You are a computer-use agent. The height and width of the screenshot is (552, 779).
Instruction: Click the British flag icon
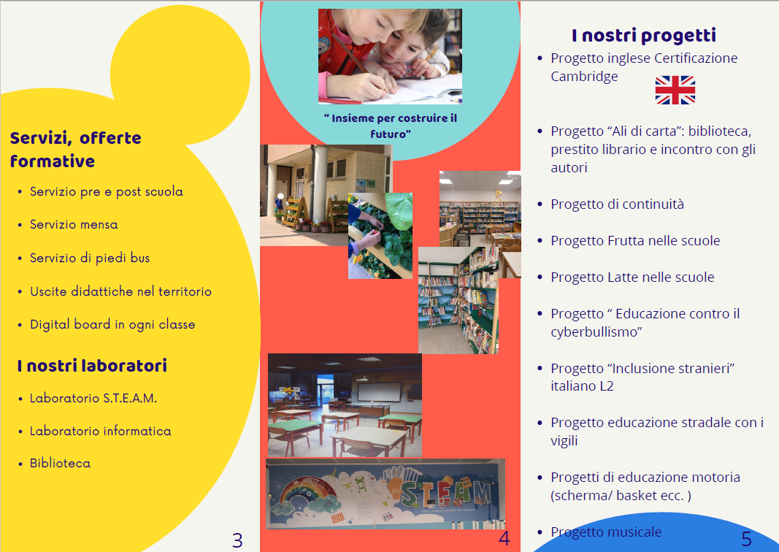click(x=675, y=90)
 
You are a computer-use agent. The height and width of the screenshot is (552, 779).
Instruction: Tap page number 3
click(x=237, y=540)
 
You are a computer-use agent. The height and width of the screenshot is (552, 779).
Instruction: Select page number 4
click(x=504, y=538)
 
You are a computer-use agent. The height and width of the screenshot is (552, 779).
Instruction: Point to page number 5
click(x=747, y=539)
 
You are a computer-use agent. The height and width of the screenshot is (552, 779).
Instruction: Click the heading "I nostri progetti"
click(x=644, y=35)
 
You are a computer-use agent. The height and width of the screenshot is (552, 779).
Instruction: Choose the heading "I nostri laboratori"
click(x=92, y=366)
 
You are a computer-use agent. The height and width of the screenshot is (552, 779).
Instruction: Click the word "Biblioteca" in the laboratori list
click(x=60, y=463)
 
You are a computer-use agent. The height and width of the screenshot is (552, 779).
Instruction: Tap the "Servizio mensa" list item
click(x=74, y=225)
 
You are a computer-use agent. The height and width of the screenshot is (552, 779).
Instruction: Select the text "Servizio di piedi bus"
click(x=90, y=258)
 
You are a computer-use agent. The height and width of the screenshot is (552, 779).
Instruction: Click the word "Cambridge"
click(x=584, y=77)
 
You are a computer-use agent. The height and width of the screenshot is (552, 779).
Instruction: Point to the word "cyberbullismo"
click(x=596, y=332)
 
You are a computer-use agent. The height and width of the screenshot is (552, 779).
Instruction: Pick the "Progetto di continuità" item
click(x=617, y=204)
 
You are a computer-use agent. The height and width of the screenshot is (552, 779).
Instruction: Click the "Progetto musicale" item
click(x=606, y=532)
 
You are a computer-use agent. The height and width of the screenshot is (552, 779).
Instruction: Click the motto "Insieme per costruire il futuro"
click(x=391, y=126)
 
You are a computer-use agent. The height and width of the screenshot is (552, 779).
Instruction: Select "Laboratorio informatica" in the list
click(x=100, y=431)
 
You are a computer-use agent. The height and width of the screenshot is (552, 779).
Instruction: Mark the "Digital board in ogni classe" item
click(x=112, y=324)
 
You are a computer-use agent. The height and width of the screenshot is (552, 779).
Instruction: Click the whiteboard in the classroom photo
click(x=379, y=392)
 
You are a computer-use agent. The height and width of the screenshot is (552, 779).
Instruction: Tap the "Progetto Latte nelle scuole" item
click(x=632, y=277)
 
